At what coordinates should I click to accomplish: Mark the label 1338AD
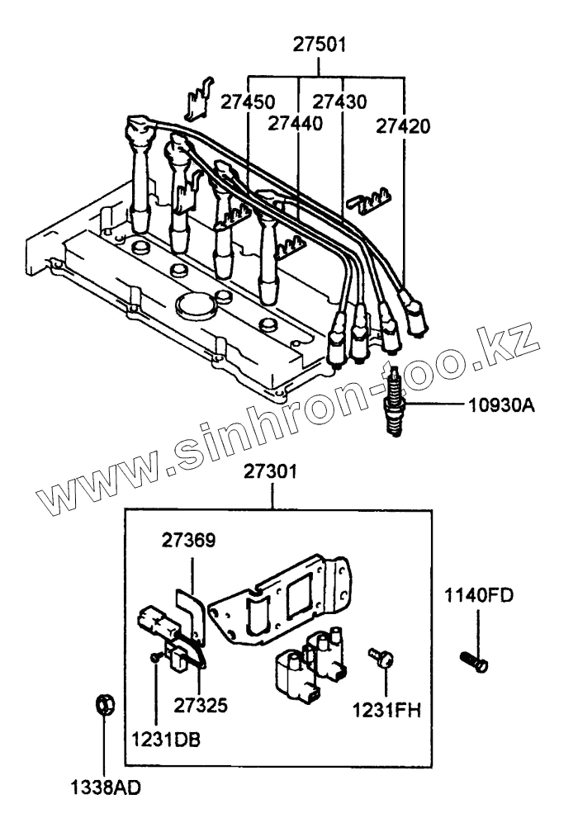coord(105,786)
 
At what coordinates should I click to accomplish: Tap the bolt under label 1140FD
coord(474,661)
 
